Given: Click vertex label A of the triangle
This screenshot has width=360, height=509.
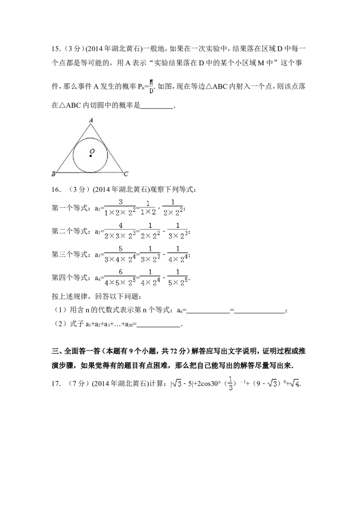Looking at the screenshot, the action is [x=91, y=120].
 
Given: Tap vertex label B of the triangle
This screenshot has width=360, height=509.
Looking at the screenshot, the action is [x=53, y=174].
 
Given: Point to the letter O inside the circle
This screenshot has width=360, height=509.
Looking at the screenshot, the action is [x=92, y=151].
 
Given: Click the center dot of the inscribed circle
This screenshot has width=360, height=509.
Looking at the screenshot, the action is [x=90, y=156].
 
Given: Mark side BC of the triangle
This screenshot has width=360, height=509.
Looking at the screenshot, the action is [x=90, y=172].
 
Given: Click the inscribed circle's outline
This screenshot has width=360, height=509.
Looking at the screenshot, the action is [x=107, y=155].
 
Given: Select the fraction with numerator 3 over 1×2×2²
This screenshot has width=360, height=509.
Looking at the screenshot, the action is [x=120, y=207].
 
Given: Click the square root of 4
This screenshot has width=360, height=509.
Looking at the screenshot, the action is [x=295, y=384].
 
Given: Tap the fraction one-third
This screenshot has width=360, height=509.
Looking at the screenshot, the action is [x=230, y=383].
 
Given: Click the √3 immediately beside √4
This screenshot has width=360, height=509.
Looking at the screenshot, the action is [x=272, y=384].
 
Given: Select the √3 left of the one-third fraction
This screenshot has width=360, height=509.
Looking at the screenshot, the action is [x=176, y=384].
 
